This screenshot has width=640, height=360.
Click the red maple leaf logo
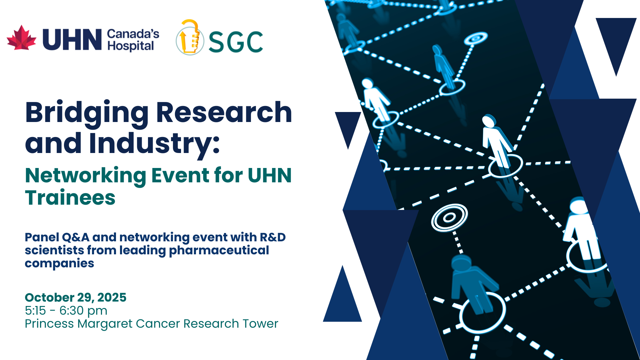click(22, 38)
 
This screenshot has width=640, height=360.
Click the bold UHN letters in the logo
click(72, 39)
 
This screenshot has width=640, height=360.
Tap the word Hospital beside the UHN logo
click(131, 46)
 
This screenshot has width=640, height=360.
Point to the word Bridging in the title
click(87, 114)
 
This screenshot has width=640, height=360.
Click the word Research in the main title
click(224, 112)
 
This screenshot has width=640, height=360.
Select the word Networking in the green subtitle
click(86, 176)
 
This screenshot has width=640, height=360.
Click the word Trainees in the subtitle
click(70, 198)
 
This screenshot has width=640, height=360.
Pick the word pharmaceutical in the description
click(219, 251)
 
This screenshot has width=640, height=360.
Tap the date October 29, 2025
click(76, 297)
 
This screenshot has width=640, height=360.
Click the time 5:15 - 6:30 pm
click(66, 311)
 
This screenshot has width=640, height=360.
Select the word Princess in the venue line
click(49, 324)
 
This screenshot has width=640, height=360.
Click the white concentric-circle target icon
click(449, 217)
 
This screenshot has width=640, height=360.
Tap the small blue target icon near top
click(476, 38)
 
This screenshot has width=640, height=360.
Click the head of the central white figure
click(489, 121)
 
